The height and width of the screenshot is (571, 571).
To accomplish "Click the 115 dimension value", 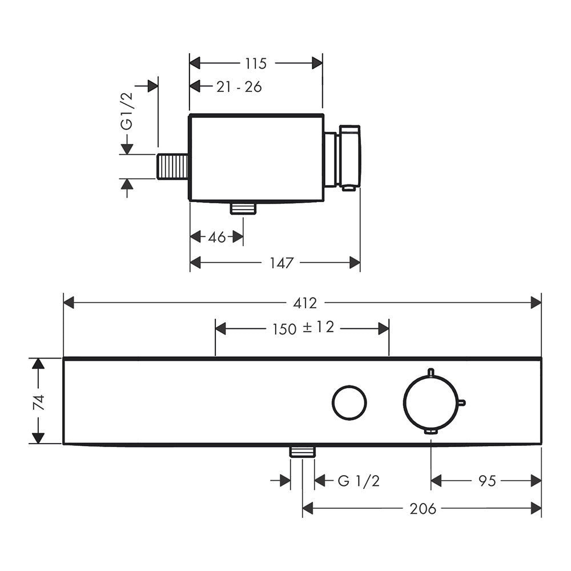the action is tap(256, 63).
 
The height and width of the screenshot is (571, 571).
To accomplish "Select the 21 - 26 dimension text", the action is tap(239, 87).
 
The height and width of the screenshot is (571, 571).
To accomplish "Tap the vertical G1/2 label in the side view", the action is tap(127, 111).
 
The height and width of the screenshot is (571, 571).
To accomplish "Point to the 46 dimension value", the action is tap(217, 238).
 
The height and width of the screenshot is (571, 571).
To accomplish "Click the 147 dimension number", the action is tap(282, 263).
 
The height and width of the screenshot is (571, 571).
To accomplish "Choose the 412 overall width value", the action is tap(305, 303).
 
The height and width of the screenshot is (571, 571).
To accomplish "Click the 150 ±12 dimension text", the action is tap(303, 328).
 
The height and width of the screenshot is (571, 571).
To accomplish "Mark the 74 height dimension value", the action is tap(39, 402).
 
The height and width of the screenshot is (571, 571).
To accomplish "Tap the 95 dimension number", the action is tap(487, 481).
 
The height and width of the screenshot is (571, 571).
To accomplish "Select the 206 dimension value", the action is tap(423, 509).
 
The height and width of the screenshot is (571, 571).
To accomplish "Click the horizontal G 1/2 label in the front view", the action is tap(359, 481).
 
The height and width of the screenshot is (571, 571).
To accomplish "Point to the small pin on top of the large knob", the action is tap(431, 372).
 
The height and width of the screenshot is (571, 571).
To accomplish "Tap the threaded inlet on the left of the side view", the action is tap(172, 166).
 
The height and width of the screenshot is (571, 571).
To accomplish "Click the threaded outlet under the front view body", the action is tap(302, 452).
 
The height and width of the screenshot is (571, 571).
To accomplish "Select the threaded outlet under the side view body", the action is tap(243, 208).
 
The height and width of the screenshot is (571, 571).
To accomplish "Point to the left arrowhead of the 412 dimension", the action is tap(69, 303).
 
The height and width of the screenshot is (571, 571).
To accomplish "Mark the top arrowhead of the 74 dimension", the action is tap(38, 363).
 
